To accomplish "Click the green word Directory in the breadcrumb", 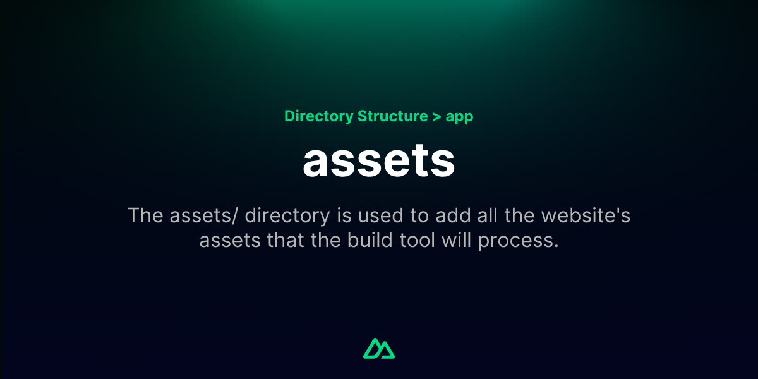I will click(318, 117).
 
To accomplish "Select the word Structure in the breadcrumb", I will click(392, 117).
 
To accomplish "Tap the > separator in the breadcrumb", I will click(436, 117).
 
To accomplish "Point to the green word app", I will click(459, 118).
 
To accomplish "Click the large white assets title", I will click(379, 162).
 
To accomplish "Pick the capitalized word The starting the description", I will click(146, 215).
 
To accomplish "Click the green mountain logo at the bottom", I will click(379, 349).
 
